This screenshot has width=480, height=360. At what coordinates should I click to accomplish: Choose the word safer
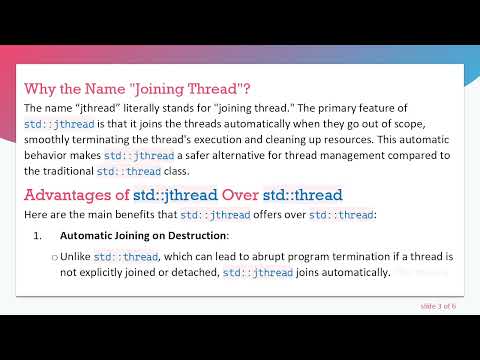point(190,155)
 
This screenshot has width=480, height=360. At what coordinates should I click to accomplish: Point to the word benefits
point(136,215)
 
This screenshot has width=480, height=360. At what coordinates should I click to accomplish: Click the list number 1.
point(37,236)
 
